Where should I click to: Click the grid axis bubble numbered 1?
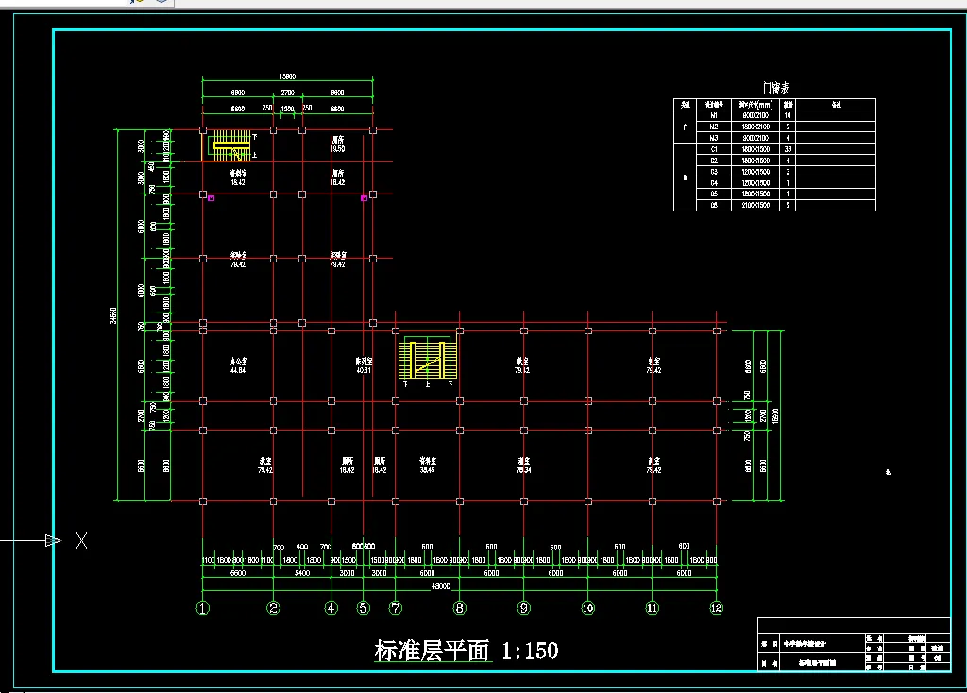click(x=203, y=608)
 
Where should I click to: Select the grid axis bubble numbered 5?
click(x=364, y=608)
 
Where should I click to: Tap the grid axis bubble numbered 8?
click(x=460, y=608)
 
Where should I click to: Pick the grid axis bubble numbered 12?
click(x=717, y=608)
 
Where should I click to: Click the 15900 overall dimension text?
click(x=287, y=77)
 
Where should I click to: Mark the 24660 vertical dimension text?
click(x=113, y=315)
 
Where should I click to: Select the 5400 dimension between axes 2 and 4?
click(x=302, y=573)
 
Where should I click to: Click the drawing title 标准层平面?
click(x=433, y=651)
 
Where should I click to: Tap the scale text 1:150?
click(x=530, y=651)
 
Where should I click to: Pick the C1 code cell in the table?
click(x=714, y=149)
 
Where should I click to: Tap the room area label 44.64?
click(x=238, y=370)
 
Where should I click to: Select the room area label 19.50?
click(x=337, y=149)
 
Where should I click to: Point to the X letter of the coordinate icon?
click(x=82, y=541)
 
